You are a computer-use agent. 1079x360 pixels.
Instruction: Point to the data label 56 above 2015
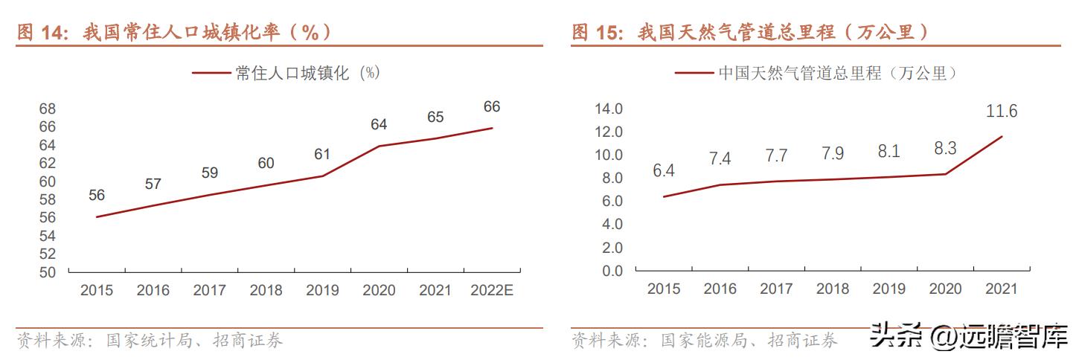click(x=97, y=196)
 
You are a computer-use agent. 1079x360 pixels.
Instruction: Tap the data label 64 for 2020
click(x=379, y=124)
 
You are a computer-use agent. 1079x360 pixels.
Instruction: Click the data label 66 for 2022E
click(x=491, y=106)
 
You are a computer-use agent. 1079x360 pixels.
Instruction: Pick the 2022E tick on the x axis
click(x=491, y=290)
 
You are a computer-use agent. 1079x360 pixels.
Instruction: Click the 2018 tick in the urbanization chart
click(x=266, y=290)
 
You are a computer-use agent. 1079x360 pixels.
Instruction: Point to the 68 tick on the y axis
click(x=48, y=109)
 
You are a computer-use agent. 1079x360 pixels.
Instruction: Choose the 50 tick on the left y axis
click(x=48, y=272)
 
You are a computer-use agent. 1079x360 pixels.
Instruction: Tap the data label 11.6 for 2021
click(x=1002, y=112)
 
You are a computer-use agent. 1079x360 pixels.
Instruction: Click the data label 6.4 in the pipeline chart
click(x=663, y=171)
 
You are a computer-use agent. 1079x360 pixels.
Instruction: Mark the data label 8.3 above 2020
click(x=945, y=149)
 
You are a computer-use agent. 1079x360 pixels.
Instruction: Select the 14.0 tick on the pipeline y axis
click(x=609, y=109)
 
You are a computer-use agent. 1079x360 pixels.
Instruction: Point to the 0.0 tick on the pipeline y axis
click(x=612, y=271)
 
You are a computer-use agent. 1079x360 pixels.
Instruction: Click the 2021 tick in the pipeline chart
click(x=1001, y=289)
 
